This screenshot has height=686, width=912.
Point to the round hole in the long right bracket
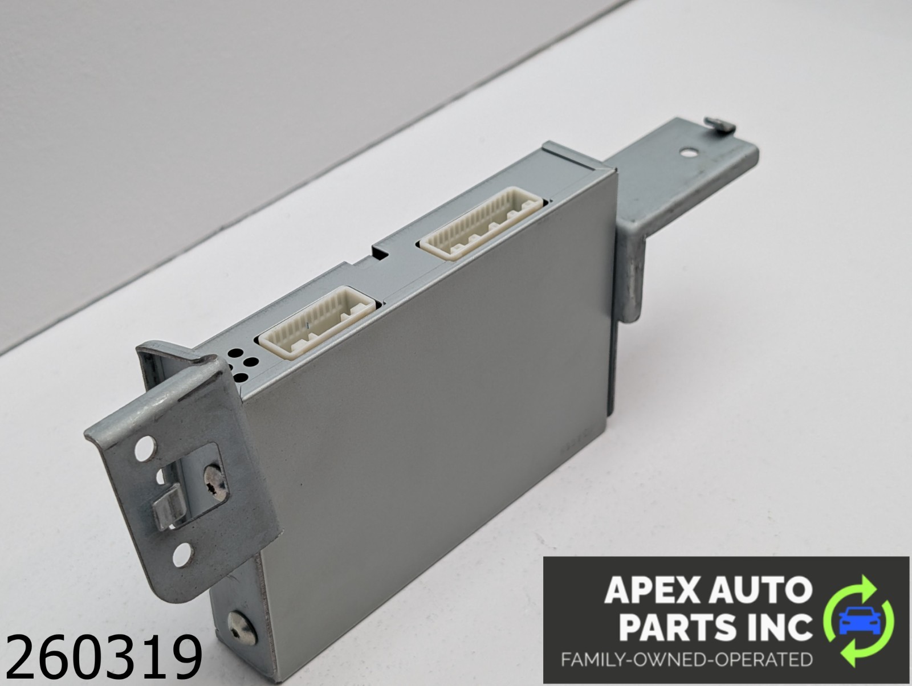pos(688,153)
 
